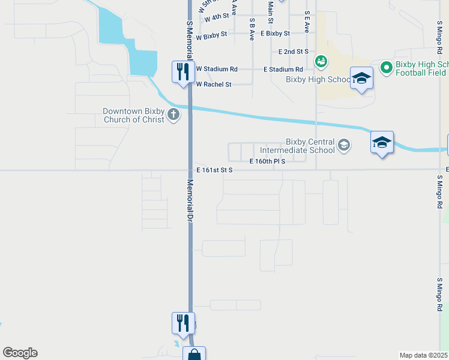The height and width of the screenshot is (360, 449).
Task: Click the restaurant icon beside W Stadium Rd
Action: click(181, 72)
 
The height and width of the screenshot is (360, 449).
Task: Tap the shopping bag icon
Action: click(194, 354)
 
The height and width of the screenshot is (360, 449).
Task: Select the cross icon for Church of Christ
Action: click(173, 114)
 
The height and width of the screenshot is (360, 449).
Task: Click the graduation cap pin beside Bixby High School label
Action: click(362, 78)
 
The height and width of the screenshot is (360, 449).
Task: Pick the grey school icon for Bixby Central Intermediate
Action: click(343, 144)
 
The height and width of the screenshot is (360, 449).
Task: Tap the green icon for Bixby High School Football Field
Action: click(386, 67)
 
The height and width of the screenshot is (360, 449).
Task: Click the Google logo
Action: click(20, 353)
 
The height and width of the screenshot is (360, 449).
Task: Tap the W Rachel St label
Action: click(214, 85)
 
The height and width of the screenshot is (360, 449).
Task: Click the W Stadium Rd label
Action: click(217, 69)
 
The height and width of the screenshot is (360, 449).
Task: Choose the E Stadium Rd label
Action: click(283, 70)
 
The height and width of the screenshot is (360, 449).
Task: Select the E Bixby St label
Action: click(275, 34)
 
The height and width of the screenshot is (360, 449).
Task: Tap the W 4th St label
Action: click(217, 19)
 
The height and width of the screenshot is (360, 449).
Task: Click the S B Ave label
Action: click(253, 27)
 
